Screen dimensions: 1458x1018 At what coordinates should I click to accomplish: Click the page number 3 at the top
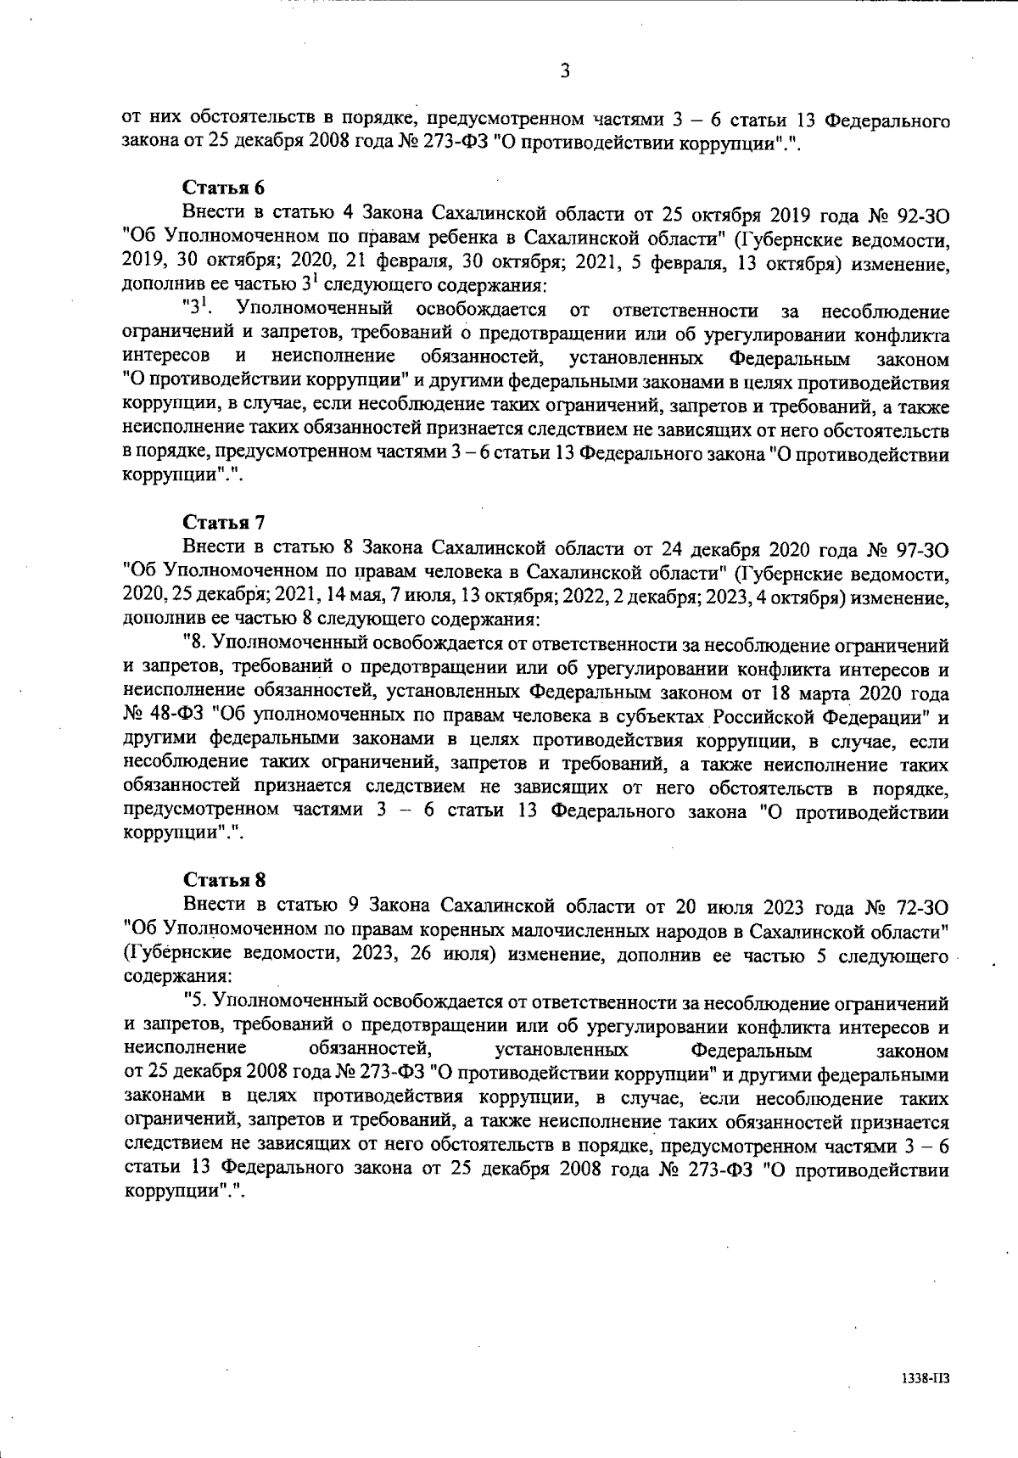(x=564, y=71)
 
